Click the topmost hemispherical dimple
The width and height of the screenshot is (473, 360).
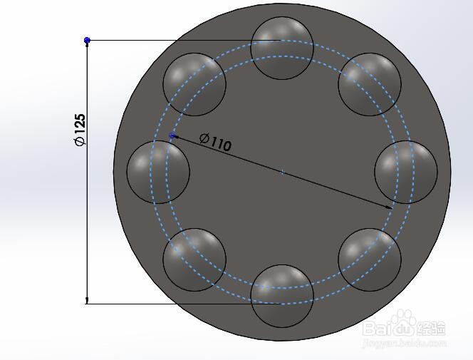click(282, 48)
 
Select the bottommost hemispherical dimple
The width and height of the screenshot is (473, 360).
click(282, 296)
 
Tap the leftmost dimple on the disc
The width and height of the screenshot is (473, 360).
click(158, 172)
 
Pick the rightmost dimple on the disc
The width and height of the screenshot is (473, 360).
click(406, 172)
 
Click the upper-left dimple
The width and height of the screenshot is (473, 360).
click(194, 84)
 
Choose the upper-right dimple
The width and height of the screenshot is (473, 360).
click(370, 84)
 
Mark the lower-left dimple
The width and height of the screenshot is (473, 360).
click(194, 259)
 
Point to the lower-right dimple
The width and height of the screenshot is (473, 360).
click(370, 259)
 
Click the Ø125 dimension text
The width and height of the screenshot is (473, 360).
click(80, 130)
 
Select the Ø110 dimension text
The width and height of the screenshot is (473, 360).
click(215, 142)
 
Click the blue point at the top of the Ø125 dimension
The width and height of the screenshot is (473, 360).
click(87, 41)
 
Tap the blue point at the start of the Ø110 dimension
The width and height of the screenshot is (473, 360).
click(172, 135)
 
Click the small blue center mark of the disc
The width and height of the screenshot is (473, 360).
click(282, 172)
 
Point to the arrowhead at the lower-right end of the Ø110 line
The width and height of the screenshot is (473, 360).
click(389, 207)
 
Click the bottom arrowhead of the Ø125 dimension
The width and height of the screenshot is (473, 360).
click(87, 299)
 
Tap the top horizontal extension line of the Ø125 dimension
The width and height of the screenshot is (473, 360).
click(171, 41)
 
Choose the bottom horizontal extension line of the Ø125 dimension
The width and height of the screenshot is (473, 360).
click(171, 304)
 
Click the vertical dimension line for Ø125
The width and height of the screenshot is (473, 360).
click(87, 214)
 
